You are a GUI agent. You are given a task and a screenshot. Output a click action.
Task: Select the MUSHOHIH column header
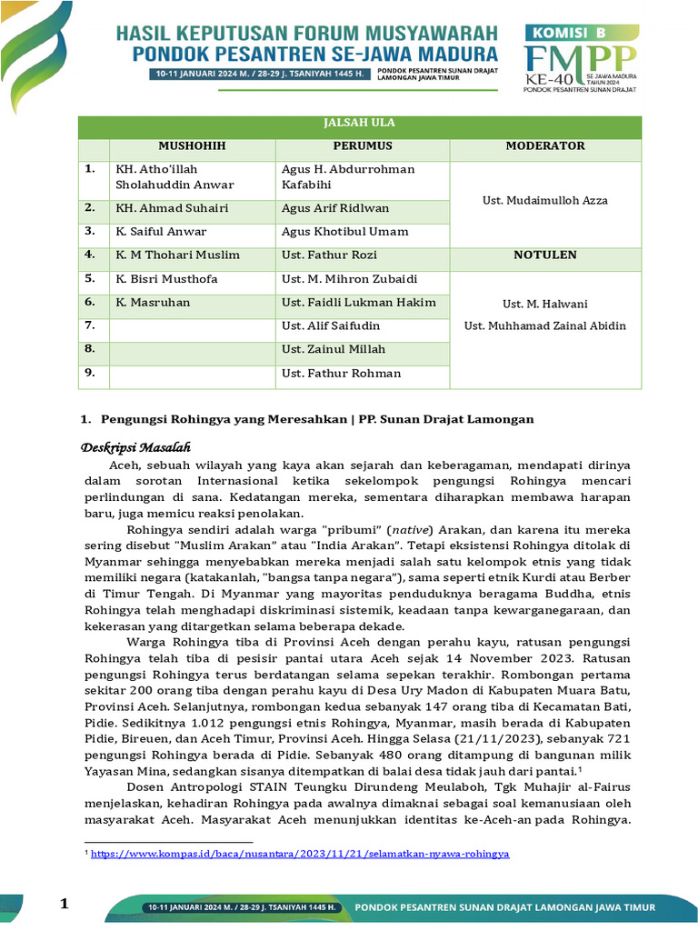(192, 145)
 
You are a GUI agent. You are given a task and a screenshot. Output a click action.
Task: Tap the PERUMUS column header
(362, 145)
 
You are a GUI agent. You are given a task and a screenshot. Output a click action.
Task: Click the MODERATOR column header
(544, 145)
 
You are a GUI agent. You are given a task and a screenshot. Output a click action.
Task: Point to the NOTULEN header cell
(544, 255)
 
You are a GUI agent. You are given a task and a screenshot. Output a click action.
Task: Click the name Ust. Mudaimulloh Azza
(544, 200)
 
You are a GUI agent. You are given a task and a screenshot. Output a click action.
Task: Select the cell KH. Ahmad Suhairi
(171, 208)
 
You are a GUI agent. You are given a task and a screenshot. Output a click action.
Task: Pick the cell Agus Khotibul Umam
(344, 232)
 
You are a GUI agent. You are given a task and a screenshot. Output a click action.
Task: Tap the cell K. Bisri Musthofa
(166, 279)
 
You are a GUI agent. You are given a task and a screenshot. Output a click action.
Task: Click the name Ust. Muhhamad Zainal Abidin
(544, 325)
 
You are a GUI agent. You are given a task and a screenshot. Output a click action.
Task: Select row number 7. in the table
(90, 325)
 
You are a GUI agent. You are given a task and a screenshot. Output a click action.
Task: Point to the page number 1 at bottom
(65, 903)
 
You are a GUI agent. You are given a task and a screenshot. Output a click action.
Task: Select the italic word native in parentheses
(382, 529)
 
